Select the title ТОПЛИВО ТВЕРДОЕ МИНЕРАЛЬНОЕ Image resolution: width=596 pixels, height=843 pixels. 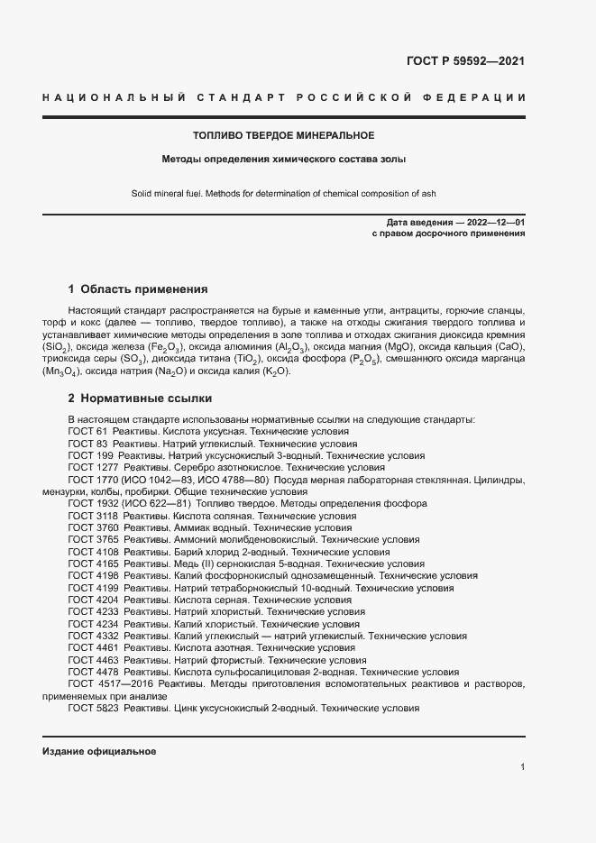tap(283, 136)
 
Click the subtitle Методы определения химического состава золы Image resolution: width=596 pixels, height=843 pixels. tap(283, 160)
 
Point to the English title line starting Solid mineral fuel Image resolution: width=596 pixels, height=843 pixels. tap(283, 193)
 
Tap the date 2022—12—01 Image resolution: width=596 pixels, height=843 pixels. tap(496, 222)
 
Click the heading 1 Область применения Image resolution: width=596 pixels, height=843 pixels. tap(138, 290)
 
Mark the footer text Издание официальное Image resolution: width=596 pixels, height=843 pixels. tap(99, 751)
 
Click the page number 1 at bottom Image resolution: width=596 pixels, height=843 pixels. tap(522, 767)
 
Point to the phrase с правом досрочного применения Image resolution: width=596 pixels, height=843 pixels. tap(448, 234)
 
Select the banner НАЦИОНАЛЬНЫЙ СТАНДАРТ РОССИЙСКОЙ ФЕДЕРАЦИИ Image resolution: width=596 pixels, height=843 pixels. tap(283, 97)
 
